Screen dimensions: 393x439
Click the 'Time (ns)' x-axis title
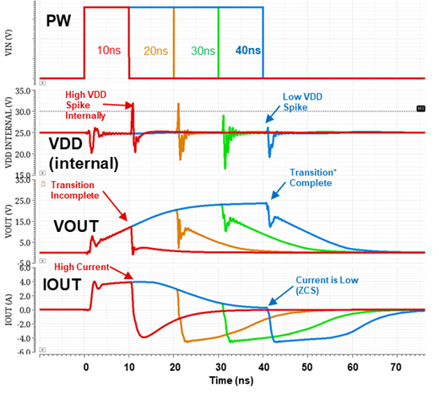click(231, 382)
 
